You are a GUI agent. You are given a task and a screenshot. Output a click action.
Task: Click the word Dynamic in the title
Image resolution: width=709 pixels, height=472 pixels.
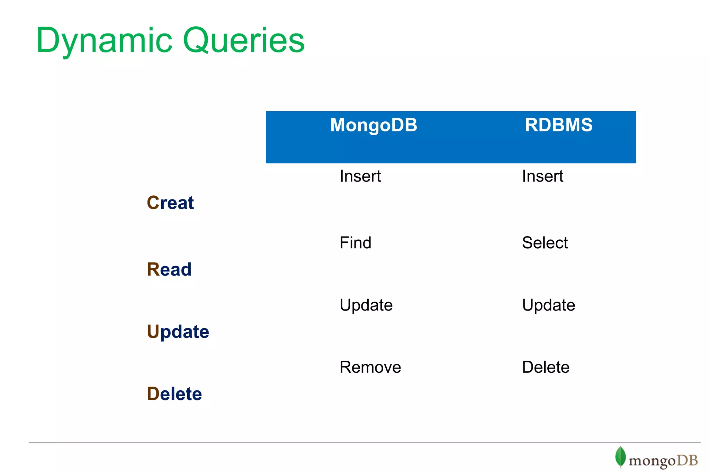tap(104, 41)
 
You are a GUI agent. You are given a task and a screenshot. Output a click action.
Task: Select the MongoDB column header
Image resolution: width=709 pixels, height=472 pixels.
tap(374, 125)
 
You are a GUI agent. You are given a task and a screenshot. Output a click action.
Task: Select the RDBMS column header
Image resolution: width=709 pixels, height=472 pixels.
tap(558, 125)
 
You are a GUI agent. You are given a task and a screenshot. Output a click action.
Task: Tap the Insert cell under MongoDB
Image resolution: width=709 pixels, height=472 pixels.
tap(360, 176)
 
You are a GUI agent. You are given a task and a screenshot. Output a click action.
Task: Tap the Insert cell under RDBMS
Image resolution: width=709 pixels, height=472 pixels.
tap(542, 176)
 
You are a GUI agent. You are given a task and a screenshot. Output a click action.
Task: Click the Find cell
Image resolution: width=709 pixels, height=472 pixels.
tap(355, 242)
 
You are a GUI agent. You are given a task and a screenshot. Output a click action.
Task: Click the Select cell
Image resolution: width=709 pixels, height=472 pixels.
tap(545, 242)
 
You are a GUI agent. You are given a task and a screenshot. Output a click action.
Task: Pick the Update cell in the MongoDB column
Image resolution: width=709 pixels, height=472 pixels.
tap(366, 305)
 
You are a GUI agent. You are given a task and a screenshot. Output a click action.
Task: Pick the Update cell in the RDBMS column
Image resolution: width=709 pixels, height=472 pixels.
tap(548, 305)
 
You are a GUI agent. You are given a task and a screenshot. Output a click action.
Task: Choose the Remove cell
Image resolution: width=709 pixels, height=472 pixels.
tap(370, 367)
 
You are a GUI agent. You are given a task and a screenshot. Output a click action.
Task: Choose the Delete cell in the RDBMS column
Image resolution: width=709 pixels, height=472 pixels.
tap(546, 367)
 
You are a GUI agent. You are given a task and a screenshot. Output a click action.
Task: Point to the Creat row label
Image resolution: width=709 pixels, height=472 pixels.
tap(170, 203)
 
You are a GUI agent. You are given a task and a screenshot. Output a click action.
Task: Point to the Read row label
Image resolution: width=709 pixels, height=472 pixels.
tap(169, 269)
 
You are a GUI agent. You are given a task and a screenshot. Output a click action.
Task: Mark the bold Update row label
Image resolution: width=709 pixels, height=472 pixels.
tap(178, 332)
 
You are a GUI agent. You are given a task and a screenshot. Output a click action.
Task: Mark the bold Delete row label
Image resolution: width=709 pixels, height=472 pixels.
tap(174, 394)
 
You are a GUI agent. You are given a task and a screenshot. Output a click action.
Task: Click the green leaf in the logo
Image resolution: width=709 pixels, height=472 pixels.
tap(620, 456)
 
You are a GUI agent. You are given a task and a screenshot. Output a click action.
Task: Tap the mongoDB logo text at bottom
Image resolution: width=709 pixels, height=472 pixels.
tap(663, 461)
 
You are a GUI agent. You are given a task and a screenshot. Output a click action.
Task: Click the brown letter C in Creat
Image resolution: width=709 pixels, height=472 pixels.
tap(153, 203)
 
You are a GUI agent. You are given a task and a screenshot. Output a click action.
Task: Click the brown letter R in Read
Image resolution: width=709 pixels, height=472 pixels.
tap(153, 269)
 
